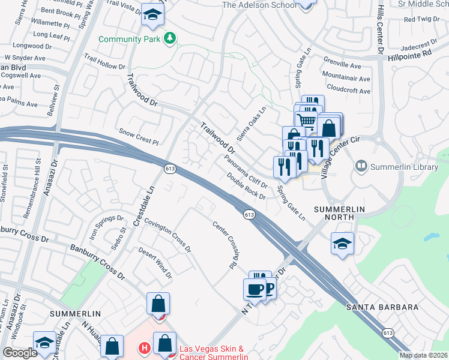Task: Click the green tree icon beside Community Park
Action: pos(170,39)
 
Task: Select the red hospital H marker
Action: pos(144,347)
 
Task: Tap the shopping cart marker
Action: pos(307,120)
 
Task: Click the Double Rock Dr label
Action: pos(246,187)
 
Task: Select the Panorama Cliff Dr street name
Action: pos(246,171)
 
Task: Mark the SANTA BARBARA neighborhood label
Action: pos(382,307)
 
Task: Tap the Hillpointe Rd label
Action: pos(410,53)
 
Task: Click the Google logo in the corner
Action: pos(20,353)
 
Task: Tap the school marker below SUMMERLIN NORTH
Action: pos(342,244)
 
